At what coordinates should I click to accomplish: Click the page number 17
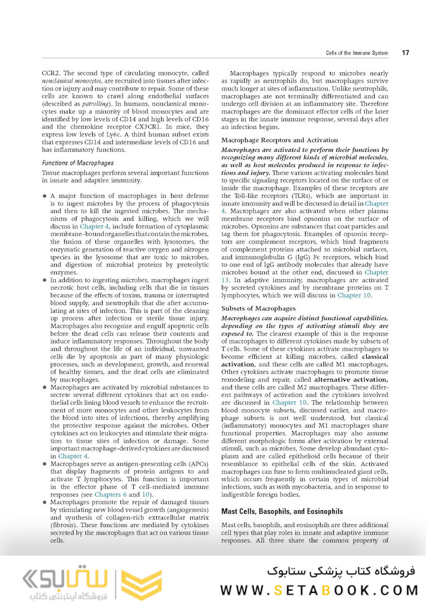405,53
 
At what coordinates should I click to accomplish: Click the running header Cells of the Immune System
356,53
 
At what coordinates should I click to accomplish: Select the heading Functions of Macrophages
78,163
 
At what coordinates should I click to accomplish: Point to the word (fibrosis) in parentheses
65,526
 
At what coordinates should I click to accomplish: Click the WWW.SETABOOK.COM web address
319,590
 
